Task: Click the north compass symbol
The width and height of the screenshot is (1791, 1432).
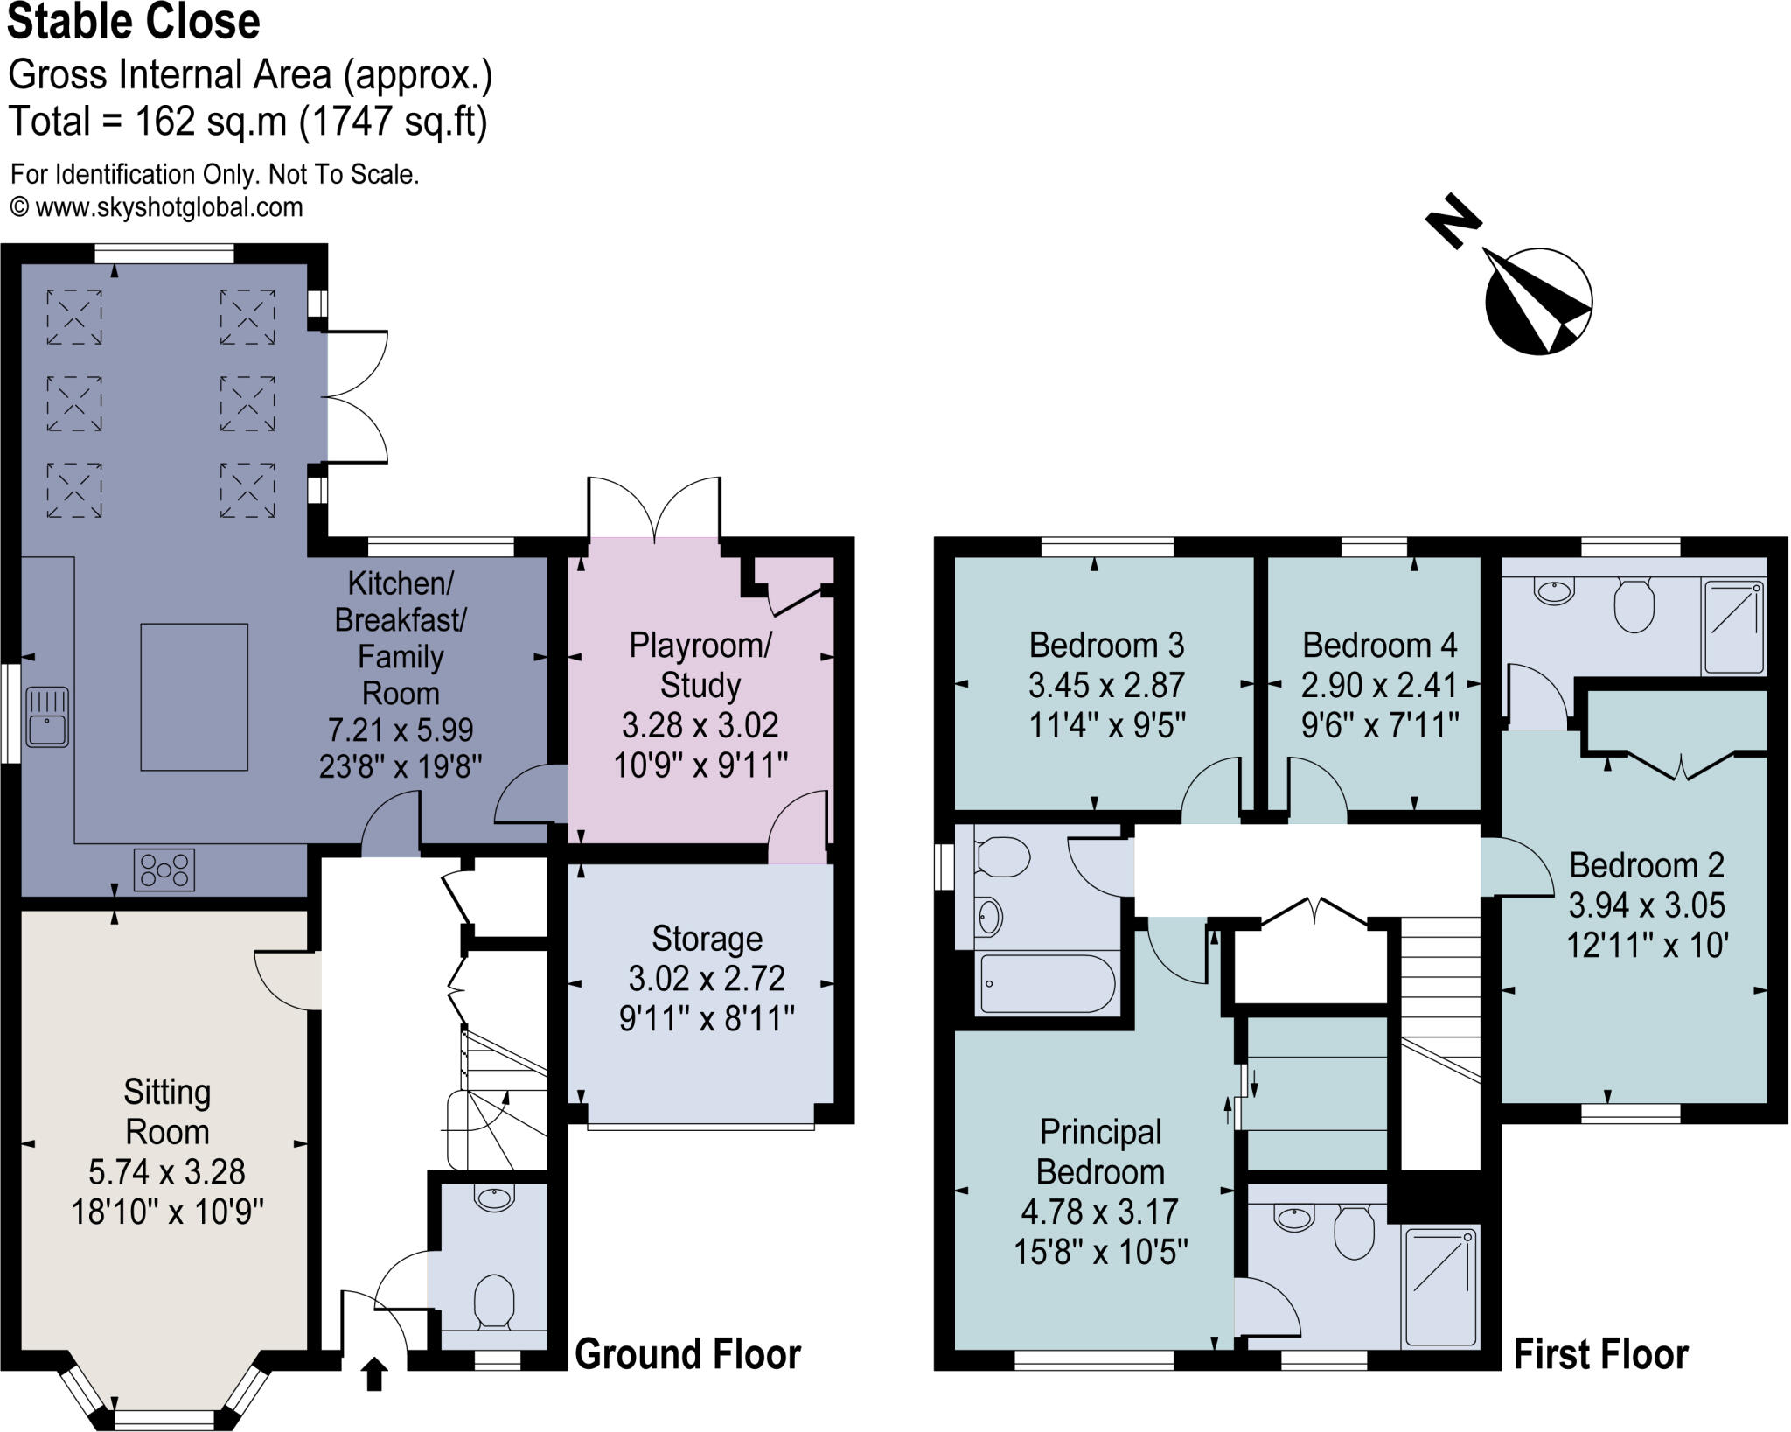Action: [1537, 300]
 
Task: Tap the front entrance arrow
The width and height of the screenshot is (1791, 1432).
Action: [374, 1373]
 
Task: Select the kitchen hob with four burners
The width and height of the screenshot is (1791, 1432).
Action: [164, 870]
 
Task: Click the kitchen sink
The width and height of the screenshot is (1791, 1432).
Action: [47, 717]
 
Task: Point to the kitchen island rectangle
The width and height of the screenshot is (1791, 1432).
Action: [194, 696]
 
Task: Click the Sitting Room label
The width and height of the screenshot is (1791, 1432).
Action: [166, 1112]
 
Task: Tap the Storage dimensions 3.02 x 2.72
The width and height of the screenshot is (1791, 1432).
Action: [707, 978]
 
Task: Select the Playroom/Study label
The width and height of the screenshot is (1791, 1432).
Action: [700, 665]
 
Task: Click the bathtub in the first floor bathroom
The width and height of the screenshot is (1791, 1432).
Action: [1047, 983]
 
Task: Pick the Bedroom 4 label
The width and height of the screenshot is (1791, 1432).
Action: [1379, 645]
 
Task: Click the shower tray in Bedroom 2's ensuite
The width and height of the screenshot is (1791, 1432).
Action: [1733, 626]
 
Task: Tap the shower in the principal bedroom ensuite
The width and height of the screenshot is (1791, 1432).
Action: [1439, 1287]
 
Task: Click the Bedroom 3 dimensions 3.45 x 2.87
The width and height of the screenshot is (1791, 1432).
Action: [1106, 685]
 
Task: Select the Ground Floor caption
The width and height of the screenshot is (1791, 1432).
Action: [687, 1354]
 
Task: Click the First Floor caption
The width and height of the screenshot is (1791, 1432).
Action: [1600, 1354]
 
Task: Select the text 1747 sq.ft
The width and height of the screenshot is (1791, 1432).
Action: [393, 121]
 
